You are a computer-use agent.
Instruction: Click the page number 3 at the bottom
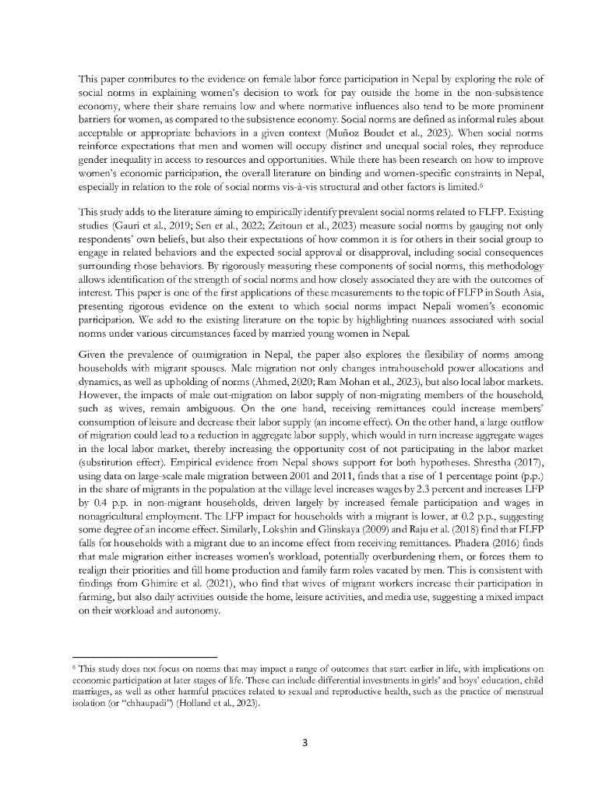[306, 742]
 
